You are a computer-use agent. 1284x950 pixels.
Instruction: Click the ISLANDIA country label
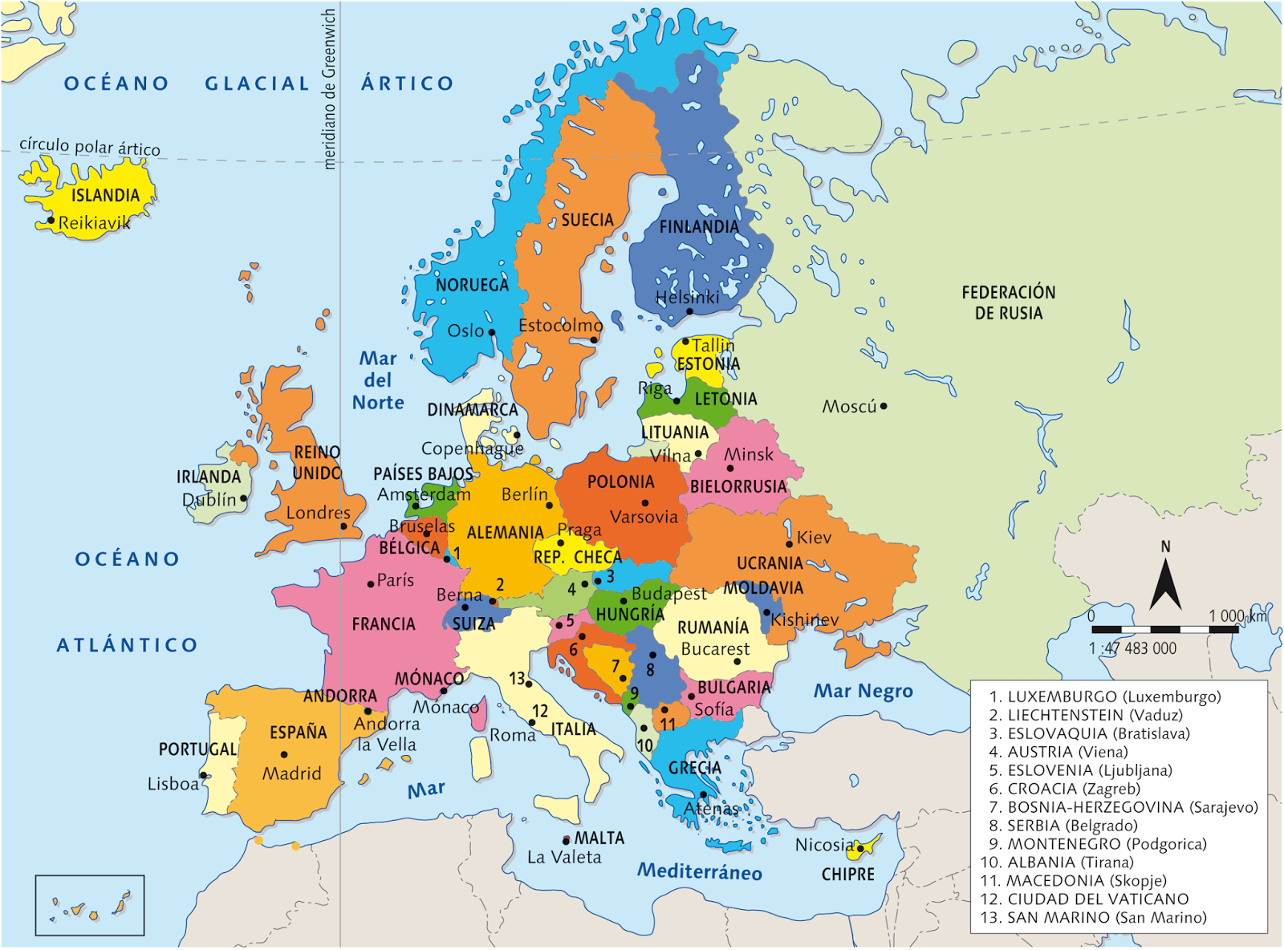tap(105, 195)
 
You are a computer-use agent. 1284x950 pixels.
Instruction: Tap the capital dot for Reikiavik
tap(51, 220)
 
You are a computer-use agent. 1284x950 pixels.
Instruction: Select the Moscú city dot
tap(884, 406)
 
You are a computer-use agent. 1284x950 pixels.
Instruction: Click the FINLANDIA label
tap(698, 227)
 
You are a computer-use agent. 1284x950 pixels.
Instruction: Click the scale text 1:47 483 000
tap(1132, 648)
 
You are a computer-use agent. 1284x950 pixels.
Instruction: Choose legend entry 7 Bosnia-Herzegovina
tap(1123, 807)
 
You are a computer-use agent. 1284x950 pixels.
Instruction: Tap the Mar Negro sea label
tap(863, 691)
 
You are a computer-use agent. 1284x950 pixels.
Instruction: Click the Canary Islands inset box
tap(90, 905)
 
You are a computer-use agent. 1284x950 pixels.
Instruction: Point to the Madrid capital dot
tap(284, 754)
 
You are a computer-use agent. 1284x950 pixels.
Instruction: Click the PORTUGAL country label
tap(197, 749)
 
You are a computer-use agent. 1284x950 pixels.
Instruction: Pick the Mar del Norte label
tap(378, 380)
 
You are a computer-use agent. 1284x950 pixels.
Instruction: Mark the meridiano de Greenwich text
tap(329, 88)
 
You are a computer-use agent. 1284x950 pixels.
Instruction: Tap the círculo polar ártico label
tap(90, 147)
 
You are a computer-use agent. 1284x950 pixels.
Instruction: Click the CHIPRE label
tap(847, 875)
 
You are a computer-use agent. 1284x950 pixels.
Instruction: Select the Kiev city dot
tap(789, 544)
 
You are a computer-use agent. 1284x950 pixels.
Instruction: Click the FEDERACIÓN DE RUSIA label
tap(1009, 302)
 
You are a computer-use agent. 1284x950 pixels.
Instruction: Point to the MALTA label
tap(599, 838)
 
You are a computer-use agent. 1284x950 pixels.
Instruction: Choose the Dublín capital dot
tap(244, 498)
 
